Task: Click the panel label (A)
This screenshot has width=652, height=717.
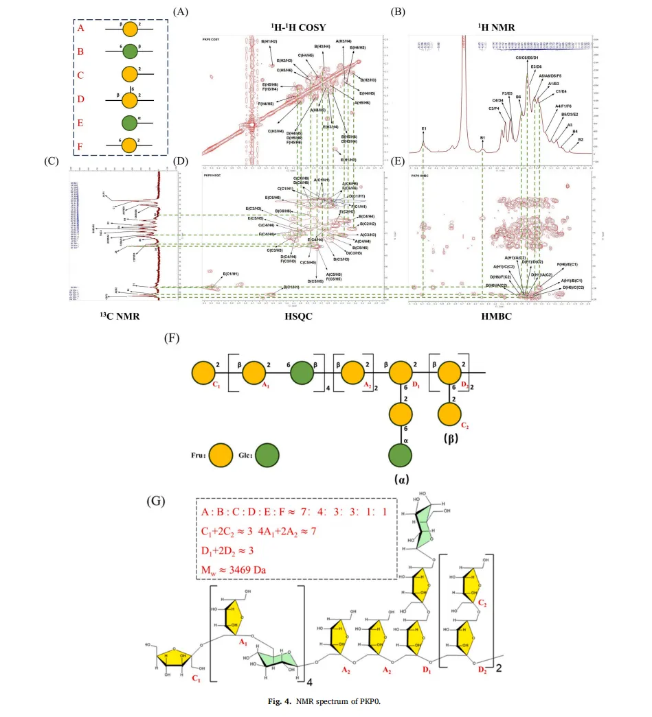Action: click(x=181, y=12)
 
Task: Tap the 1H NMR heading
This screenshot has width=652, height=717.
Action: click(x=497, y=27)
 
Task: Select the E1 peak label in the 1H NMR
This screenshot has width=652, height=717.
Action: click(x=424, y=128)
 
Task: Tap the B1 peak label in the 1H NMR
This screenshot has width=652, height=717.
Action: click(x=483, y=138)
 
